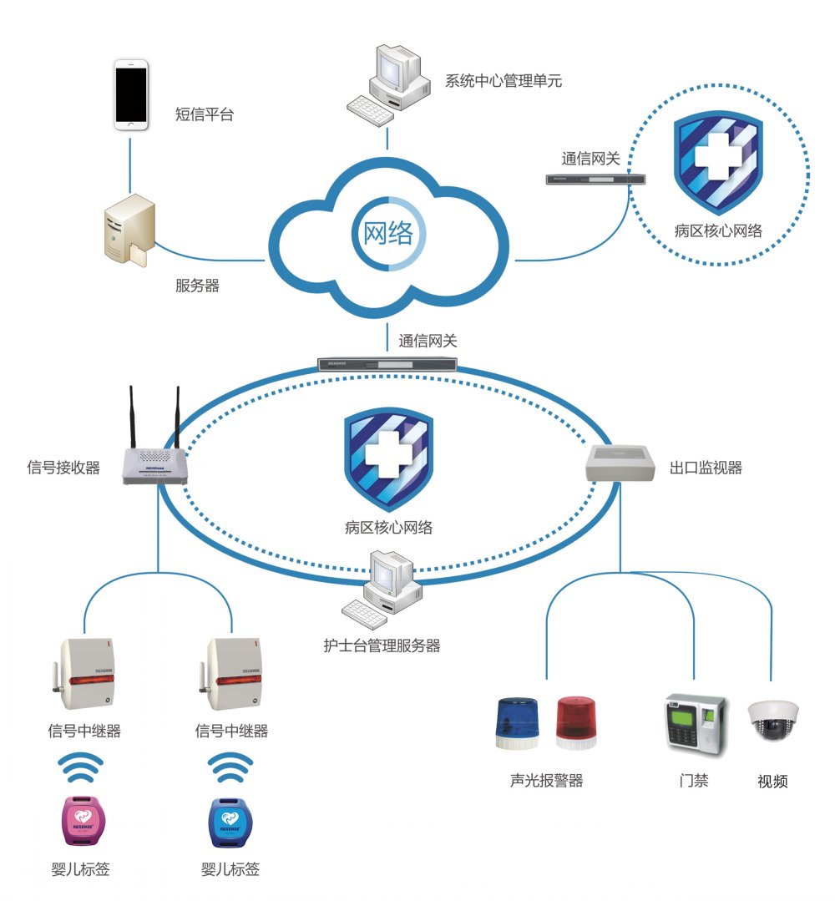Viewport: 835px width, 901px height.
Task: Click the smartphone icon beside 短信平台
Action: pos(131,94)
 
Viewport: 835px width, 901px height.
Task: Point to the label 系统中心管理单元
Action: pos(503,81)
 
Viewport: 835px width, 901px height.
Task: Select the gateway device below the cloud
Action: pos(388,364)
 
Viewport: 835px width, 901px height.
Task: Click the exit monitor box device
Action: pos(620,463)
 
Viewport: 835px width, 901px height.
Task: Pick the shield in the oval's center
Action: pos(388,458)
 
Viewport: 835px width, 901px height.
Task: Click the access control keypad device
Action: pos(692,723)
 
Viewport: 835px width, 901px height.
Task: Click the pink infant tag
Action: pos(84,819)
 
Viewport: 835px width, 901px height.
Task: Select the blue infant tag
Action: pos(230,820)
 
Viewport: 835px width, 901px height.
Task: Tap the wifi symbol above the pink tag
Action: pos(84,766)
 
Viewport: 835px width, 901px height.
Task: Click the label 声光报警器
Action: pos(546,781)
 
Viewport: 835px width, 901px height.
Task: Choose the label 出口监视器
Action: pos(706,468)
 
